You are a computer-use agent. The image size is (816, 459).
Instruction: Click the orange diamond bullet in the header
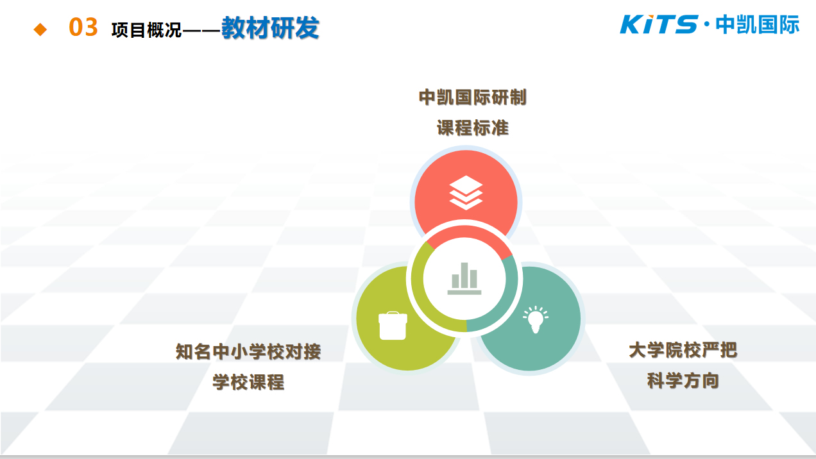pos(40,29)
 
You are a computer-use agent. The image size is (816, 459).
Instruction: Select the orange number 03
pos(83,28)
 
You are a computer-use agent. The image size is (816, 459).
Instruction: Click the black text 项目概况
pos(146,30)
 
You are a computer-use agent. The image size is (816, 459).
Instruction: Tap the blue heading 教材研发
pos(270,28)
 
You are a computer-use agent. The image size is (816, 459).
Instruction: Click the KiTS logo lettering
pos(659,24)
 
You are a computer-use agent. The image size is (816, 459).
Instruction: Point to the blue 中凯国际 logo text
pos(758,25)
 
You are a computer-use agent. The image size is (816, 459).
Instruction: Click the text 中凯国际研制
pos(473,97)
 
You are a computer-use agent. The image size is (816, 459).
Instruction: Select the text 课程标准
pos(473,128)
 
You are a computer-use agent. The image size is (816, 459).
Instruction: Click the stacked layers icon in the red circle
pos(466,192)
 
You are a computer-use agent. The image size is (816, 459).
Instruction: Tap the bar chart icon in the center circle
pos(464,278)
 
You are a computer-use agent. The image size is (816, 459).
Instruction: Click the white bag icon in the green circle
pos(393,326)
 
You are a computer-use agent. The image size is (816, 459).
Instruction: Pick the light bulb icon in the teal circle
pos(536,319)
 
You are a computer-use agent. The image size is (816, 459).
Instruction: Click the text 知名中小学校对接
pos(248,351)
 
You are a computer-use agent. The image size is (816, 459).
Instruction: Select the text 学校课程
pos(248,382)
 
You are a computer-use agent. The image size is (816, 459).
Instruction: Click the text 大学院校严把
pos(683,350)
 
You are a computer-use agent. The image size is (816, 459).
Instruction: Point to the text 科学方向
pos(683,381)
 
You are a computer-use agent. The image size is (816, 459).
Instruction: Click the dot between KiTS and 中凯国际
pos(707,24)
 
